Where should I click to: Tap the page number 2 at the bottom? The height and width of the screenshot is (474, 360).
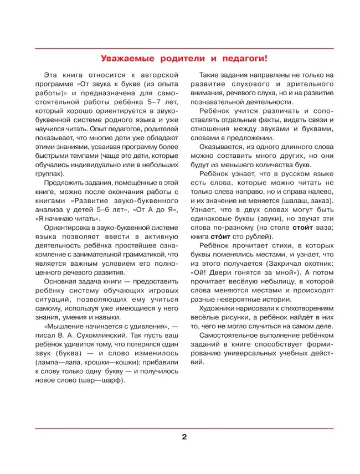click(184, 436)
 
